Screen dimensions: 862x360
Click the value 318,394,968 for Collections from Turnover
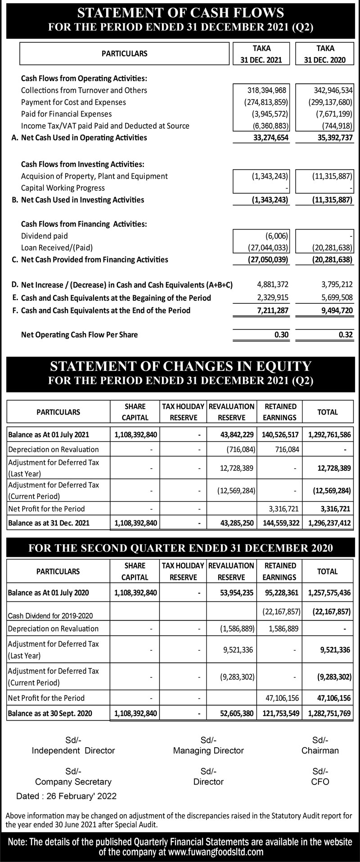point(268,90)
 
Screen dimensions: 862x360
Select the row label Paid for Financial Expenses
point(66,114)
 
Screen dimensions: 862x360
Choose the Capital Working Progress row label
point(63,188)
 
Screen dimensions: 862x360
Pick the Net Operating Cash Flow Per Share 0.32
point(345,334)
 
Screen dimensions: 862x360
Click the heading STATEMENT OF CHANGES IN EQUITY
point(180,366)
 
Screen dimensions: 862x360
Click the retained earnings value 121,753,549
point(280,713)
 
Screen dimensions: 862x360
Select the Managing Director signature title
point(208,750)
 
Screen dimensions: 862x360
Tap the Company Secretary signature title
point(73,782)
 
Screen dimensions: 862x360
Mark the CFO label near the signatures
point(320,782)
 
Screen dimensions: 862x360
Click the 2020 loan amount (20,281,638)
point(332,248)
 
